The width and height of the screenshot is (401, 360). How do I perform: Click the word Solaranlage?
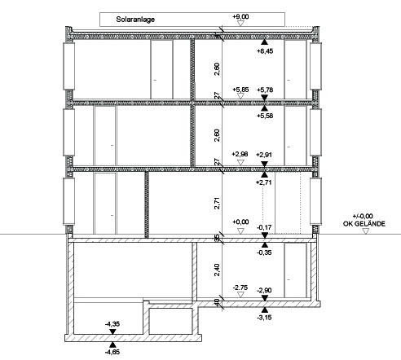pyautogui.click(x=135, y=20)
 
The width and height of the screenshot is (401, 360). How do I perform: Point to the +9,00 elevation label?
pyautogui.click(x=240, y=16)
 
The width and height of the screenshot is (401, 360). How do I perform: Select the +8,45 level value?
pyautogui.click(x=265, y=51)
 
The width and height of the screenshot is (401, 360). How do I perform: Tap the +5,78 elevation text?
pyautogui.click(x=265, y=90)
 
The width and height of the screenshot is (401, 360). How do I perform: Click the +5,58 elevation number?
pyautogui.click(x=265, y=116)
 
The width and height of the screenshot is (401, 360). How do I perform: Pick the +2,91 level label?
pyautogui.click(x=264, y=155)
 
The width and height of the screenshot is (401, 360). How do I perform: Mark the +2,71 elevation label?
pyautogui.click(x=264, y=182)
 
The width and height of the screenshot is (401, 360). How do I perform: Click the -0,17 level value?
pyautogui.click(x=264, y=227)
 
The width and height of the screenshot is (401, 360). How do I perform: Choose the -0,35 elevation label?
pyautogui.click(x=264, y=252)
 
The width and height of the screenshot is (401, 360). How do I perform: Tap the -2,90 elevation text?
pyautogui.click(x=264, y=291)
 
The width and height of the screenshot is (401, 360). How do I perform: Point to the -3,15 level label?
pyautogui.click(x=264, y=318)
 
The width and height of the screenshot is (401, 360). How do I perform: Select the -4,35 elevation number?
pyautogui.click(x=112, y=324)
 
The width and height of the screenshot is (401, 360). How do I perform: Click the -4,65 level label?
pyautogui.click(x=112, y=352)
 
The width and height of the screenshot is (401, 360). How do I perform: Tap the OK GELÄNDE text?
pyautogui.click(x=364, y=224)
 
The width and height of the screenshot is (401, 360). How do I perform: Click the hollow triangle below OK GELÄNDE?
pyautogui.click(x=366, y=231)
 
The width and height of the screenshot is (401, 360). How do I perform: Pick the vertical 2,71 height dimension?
pyautogui.click(x=217, y=203)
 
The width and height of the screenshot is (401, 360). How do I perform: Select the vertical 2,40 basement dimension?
pyautogui.click(x=217, y=270)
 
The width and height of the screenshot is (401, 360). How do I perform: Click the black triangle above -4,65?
pyautogui.click(x=112, y=345)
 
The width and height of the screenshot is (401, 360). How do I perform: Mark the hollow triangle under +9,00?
pyautogui.click(x=240, y=24)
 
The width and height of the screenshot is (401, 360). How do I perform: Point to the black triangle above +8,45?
pyautogui.click(x=264, y=42)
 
